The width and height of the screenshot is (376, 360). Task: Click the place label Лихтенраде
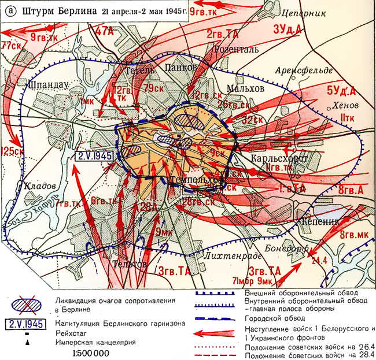(226, 254)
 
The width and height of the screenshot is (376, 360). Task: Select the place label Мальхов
(245, 88)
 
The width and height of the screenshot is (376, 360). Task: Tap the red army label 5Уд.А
(342, 90)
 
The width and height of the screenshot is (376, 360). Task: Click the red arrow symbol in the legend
(215, 333)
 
